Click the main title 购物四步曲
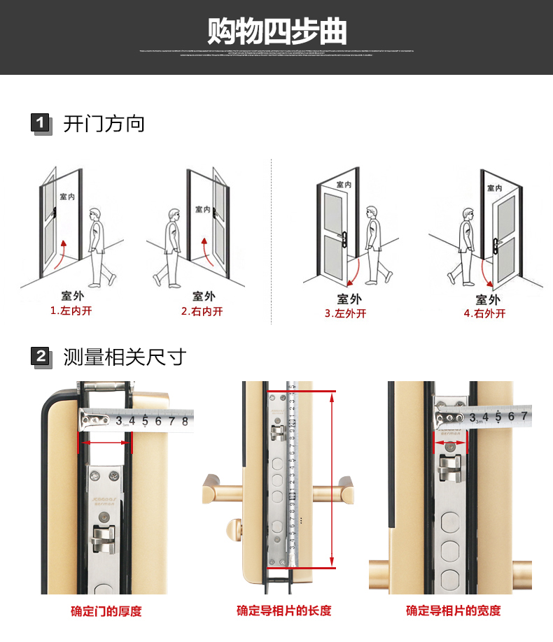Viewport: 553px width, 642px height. [276, 31]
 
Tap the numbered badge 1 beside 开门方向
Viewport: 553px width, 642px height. [41, 124]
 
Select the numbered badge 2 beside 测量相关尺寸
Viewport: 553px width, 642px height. [41, 357]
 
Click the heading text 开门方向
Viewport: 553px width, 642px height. [104, 124]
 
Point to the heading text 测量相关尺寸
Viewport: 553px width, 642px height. [125, 357]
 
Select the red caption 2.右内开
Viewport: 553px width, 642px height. [202, 311]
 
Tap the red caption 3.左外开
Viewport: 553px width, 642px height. [345, 313]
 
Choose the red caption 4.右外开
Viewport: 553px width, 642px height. [484, 313]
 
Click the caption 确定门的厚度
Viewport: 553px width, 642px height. [106, 611]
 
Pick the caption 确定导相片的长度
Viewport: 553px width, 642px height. [283, 611]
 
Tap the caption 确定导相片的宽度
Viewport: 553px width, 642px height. [453, 611]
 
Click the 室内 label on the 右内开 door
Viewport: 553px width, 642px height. [202, 209]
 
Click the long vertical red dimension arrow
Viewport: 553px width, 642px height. [331, 479]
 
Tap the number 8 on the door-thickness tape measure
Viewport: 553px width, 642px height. [185, 421]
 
